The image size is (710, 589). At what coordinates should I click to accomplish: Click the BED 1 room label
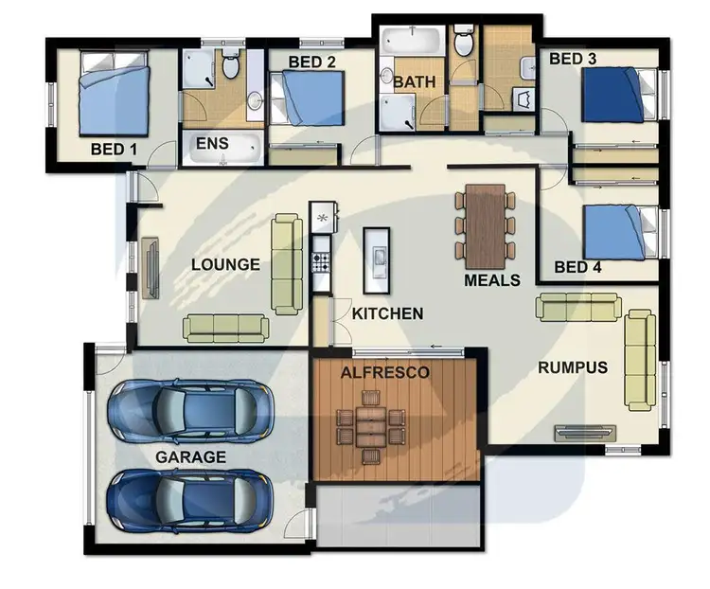tap(114, 149)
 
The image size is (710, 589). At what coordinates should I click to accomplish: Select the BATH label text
tap(415, 82)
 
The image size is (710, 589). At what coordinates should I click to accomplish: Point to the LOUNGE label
tap(225, 264)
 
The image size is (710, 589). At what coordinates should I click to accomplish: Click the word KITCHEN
tap(387, 313)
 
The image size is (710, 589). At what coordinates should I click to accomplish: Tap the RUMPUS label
tap(573, 367)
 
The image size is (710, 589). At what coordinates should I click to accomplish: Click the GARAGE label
tap(191, 456)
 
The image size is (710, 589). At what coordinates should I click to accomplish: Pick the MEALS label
tap(491, 280)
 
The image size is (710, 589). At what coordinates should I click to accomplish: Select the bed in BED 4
tap(618, 233)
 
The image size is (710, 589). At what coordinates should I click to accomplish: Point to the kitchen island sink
tap(378, 257)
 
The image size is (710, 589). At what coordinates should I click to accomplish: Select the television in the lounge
tap(151, 268)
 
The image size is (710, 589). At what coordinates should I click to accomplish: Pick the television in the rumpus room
tap(584, 434)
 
